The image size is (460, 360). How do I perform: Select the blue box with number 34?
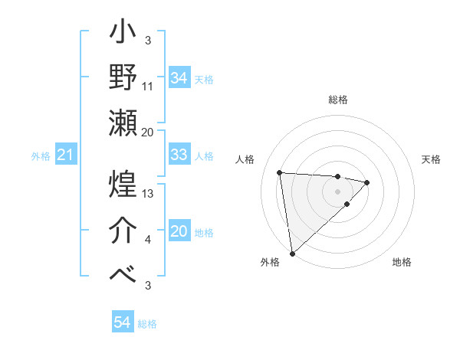tap(179, 77)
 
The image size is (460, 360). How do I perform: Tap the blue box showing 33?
tap(179, 155)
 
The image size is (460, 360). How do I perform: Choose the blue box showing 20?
tap(179, 231)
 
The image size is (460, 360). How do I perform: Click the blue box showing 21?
tap(65, 155)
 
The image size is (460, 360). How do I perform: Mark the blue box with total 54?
tap(122, 322)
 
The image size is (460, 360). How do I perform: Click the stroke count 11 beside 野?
tap(148, 87)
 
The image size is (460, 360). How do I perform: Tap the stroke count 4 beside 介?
tap(148, 241)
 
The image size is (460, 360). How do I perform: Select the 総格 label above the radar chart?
tap(337, 100)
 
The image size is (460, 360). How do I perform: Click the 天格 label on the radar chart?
tap(431, 159)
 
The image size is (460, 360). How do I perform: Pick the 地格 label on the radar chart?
tap(402, 262)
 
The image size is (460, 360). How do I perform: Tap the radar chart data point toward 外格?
tap(292, 253)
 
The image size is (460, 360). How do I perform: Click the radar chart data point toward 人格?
tap(280, 172)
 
